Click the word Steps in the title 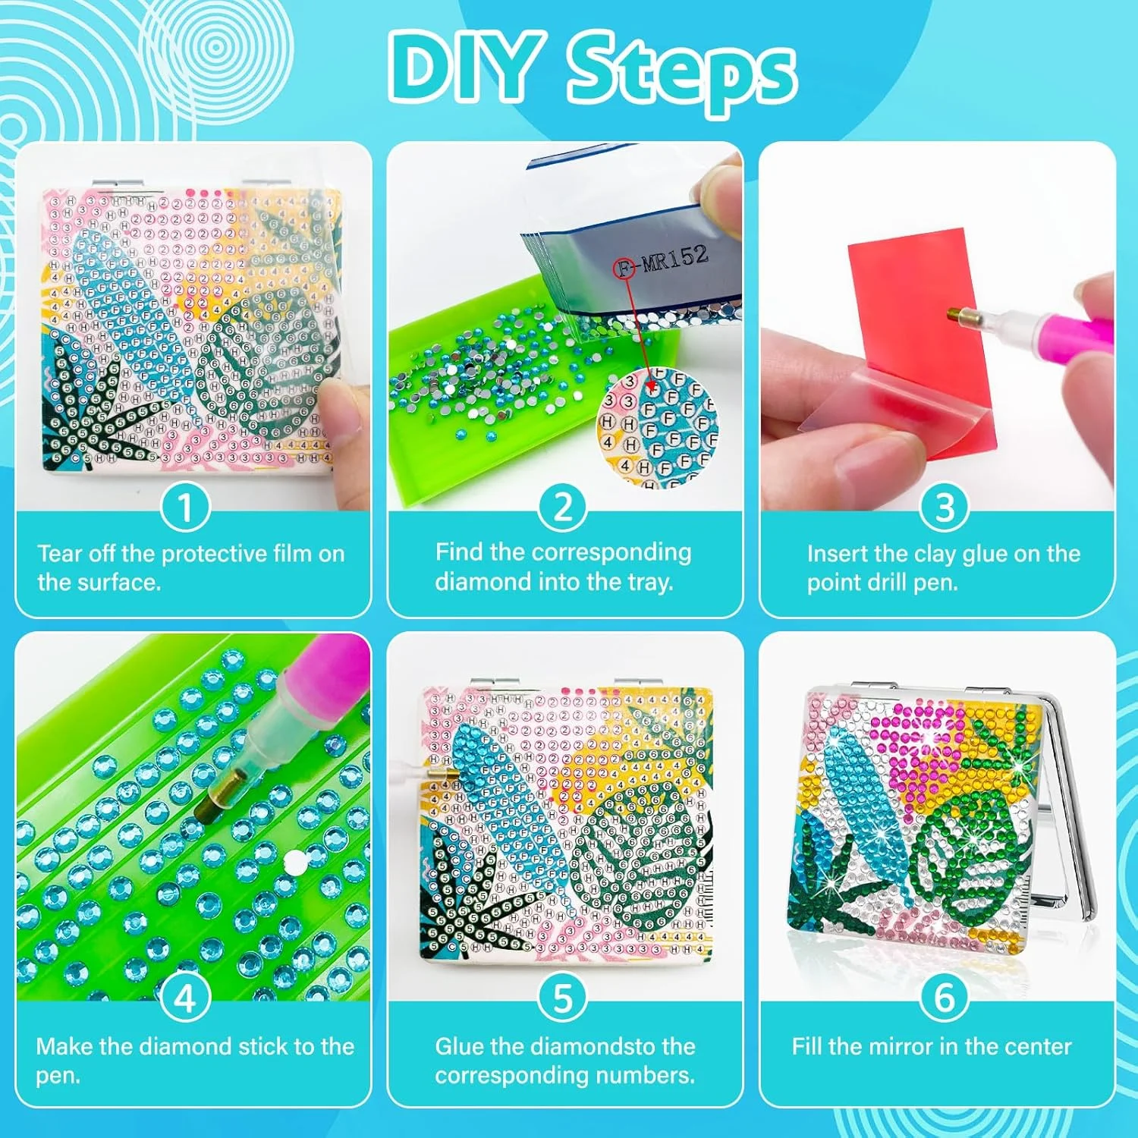[681, 72]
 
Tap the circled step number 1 [184, 507]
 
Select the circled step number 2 [562, 506]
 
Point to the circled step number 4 [184, 998]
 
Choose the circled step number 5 [562, 998]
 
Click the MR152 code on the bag [674, 258]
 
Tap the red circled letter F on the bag [624, 267]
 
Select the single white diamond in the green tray [294, 861]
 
